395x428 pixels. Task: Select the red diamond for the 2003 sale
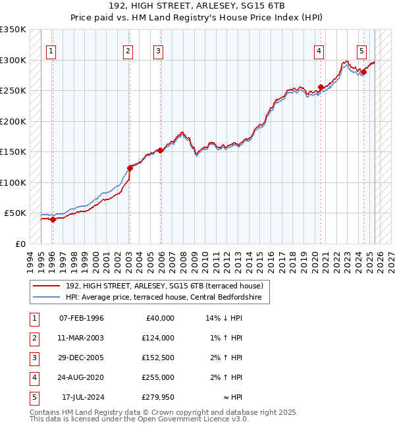(x=130, y=168)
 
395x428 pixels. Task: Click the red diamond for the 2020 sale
(x=321, y=87)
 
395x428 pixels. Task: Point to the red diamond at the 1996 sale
(x=53, y=219)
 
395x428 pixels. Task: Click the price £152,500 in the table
(x=157, y=358)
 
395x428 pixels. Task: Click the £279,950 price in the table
(x=157, y=397)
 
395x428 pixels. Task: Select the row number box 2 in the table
(x=33, y=338)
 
